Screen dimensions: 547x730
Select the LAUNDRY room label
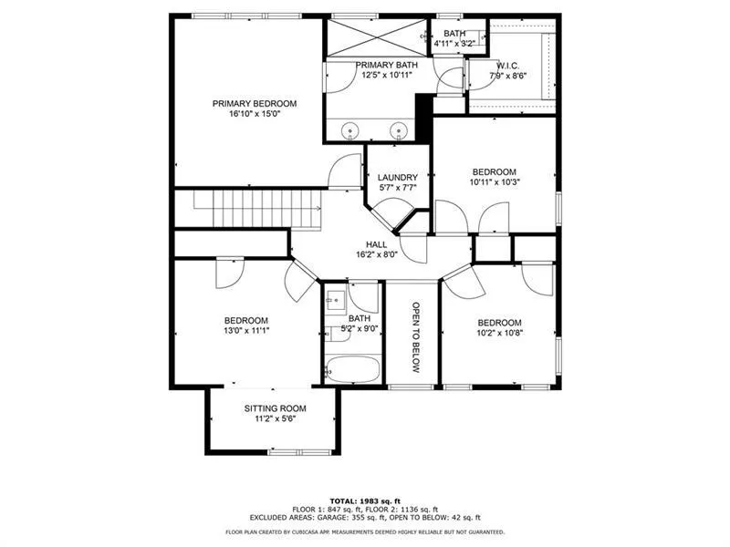point(398,177)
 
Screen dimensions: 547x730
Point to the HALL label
point(377,244)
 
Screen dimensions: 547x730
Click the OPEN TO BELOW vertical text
point(414,336)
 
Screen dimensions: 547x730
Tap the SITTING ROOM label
point(275,408)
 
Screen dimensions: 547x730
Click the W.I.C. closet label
point(507,65)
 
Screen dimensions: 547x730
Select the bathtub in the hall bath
point(351,368)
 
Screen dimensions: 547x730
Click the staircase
point(249,208)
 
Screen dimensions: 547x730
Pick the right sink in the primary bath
point(397,132)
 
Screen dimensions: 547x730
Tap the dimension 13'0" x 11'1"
point(246,331)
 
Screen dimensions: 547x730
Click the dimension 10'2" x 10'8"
point(499,334)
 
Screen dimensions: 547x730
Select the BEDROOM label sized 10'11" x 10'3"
point(494,171)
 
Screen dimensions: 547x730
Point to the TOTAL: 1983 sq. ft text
point(365,501)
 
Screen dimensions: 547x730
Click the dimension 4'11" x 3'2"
point(454,43)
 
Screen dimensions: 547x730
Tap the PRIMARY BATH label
point(384,64)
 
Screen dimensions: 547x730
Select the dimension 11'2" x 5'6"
point(275,419)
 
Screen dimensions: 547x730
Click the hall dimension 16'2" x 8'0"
point(377,255)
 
